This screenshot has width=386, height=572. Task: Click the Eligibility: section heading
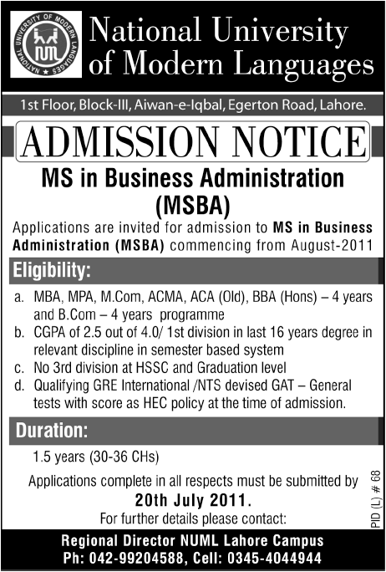point(55,270)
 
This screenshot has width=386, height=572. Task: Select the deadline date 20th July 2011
point(193,499)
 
